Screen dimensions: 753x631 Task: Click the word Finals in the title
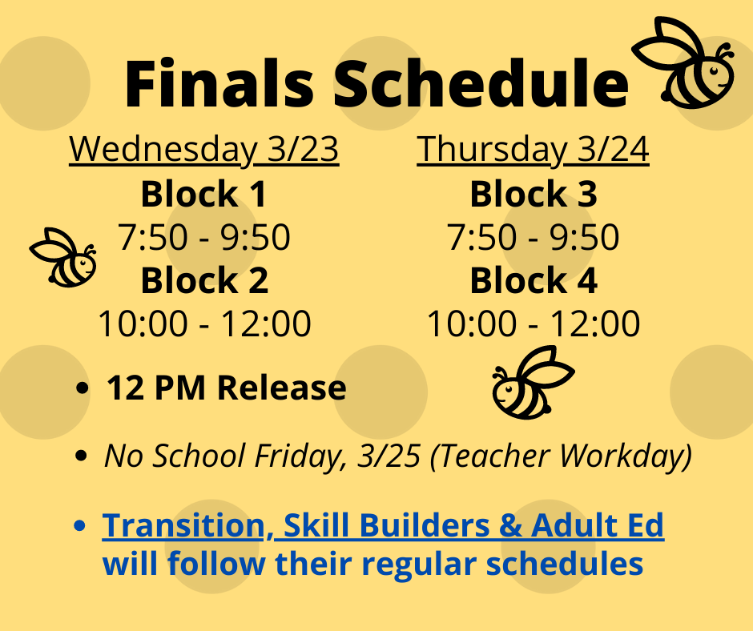pyautogui.click(x=219, y=82)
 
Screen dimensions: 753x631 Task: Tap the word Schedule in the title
pyautogui.click(x=481, y=82)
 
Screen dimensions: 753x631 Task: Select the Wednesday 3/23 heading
pyautogui.click(x=204, y=150)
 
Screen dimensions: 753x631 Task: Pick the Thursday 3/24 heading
pyautogui.click(x=533, y=150)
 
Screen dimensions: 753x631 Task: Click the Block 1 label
pyautogui.click(x=203, y=194)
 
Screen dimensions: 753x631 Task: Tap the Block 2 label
pyautogui.click(x=204, y=280)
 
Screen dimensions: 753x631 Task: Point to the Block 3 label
pyautogui.click(x=534, y=194)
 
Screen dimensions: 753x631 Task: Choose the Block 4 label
pyautogui.click(x=534, y=280)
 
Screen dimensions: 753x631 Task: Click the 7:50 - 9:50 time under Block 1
pyautogui.click(x=204, y=237)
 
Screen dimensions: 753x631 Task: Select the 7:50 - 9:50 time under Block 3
pyautogui.click(x=533, y=237)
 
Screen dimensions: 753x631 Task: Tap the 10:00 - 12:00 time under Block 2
pyautogui.click(x=204, y=324)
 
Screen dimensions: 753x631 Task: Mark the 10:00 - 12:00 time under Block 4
pyautogui.click(x=533, y=324)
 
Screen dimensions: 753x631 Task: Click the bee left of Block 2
pyautogui.click(x=63, y=258)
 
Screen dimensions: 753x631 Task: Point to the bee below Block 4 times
pyautogui.click(x=533, y=382)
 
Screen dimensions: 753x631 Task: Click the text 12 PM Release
pyautogui.click(x=226, y=388)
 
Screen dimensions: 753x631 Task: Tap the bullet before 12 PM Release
pyautogui.click(x=83, y=388)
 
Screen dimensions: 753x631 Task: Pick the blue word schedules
pyautogui.click(x=565, y=564)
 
